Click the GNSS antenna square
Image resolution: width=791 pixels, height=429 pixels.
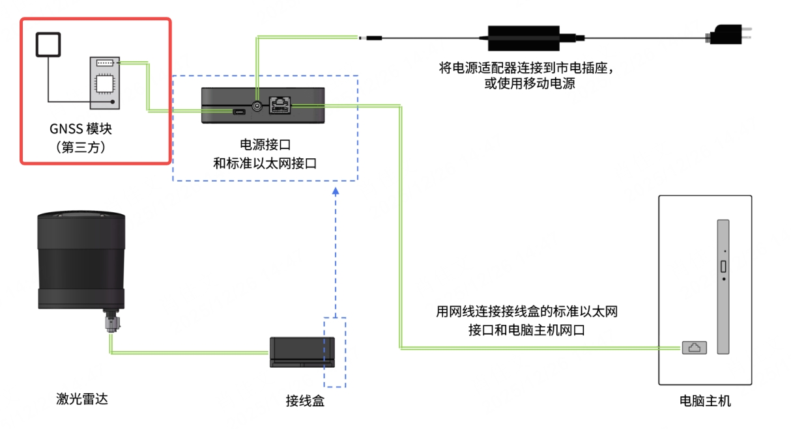point(48,45)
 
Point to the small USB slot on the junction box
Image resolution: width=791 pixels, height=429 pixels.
point(239,112)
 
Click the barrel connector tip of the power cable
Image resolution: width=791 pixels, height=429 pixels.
point(371,38)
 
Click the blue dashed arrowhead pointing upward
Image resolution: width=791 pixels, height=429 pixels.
point(335,191)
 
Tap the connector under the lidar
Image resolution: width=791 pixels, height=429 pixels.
point(111,324)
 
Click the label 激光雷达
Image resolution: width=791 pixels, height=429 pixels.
point(81,399)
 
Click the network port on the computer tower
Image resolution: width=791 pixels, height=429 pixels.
point(694,348)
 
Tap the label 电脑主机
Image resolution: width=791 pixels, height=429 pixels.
point(705,401)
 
